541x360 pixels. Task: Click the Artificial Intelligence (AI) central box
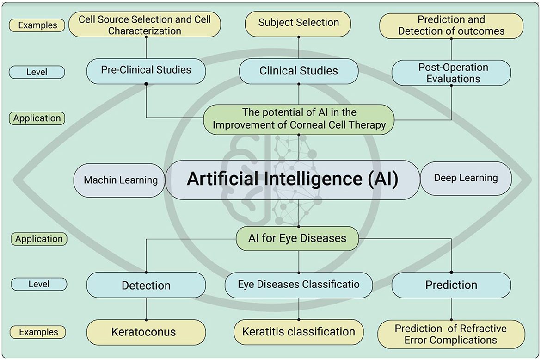pyautogui.click(x=292, y=180)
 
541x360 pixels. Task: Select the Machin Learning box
pyautogui.click(x=120, y=180)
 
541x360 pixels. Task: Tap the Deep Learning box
pyautogui.click(x=466, y=178)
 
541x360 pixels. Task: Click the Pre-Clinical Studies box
pyautogui.click(x=146, y=71)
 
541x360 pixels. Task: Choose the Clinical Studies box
pyautogui.click(x=299, y=71)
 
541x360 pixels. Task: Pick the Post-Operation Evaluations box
pyautogui.click(x=451, y=73)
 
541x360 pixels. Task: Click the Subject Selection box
pyautogui.click(x=299, y=23)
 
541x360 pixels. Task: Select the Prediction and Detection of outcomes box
pyautogui.click(x=451, y=26)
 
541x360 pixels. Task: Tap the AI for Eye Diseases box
pyautogui.click(x=298, y=238)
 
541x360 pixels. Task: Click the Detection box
pyautogui.click(x=146, y=286)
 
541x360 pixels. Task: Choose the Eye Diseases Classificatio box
pyautogui.click(x=299, y=285)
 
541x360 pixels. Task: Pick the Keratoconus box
pyautogui.click(x=146, y=332)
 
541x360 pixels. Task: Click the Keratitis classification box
pyautogui.click(x=299, y=332)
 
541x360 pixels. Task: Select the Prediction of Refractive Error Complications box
pyautogui.click(x=451, y=334)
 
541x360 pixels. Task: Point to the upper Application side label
pyautogui.click(x=37, y=118)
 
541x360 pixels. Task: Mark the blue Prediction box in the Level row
pyautogui.click(x=451, y=285)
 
